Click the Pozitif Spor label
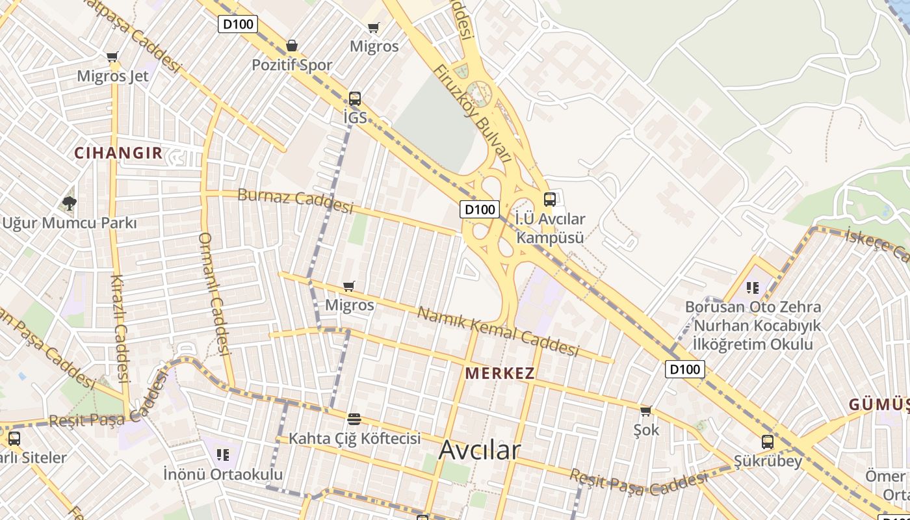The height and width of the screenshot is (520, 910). [x=292, y=65]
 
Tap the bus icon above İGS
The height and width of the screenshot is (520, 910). [x=354, y=99]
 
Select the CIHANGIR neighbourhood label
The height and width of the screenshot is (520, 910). [x=118, y=153]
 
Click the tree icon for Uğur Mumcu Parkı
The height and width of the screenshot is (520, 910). [x=69, y=203]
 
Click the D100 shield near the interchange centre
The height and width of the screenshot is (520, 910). [x=480, y=209]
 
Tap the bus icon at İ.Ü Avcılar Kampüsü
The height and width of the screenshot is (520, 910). [x=550, y=200]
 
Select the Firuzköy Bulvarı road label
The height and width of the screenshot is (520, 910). [x=473, y=114]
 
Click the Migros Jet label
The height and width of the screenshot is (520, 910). [x=112, y=76]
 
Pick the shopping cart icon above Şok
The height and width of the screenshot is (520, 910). [x=645, y=411]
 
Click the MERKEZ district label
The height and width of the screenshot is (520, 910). [x=500, y=373]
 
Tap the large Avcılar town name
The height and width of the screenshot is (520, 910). [x=480, y=450]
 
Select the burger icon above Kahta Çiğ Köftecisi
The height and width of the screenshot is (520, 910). [x=354, y=419]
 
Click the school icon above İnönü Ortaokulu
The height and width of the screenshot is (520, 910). [x=223, y=454]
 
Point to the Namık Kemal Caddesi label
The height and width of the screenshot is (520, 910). [x=497, y=332]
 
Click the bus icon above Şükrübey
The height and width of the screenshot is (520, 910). [x=768, y=442]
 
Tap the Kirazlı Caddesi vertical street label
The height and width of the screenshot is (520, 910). [x=120, y=328]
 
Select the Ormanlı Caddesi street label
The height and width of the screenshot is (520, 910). [x=215, y=294]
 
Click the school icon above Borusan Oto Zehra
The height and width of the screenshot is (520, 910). [x=753, y=287]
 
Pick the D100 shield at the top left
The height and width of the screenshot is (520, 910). [x=239, y=25]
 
